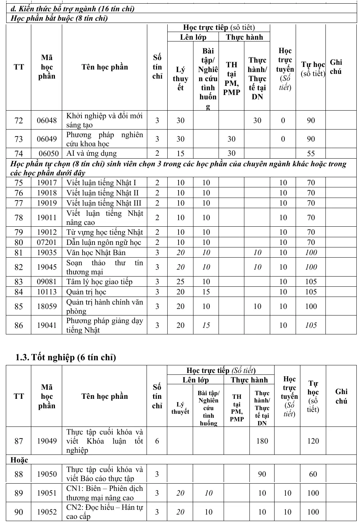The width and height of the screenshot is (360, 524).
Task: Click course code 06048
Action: (x=47, y=120)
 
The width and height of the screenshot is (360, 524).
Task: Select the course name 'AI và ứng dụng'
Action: (x=91, y=154)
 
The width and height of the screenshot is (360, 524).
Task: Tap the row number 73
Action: (x=19, y=139)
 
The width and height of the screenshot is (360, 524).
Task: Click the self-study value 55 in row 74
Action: (x=311, y=154)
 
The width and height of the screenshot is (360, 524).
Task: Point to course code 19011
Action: (x=47, y=218)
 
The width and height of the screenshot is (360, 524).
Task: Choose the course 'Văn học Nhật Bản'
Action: (x=96, y=253)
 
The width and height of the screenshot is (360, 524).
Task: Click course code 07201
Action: (x=47, y=242)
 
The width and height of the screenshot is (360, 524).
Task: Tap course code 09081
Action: (x=47, y=282)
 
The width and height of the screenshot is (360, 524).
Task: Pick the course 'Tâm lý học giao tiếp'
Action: (x=99, y=282)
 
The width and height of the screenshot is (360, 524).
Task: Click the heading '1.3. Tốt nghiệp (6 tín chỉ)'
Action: (x=65, y=357)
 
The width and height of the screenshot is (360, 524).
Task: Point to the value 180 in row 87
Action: (x=262, y=441)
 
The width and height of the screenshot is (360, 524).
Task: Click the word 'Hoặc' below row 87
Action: (x=19, y=460)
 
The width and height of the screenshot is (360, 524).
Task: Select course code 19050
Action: (x=47, y=474)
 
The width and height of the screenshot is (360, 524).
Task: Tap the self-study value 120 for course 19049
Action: (x=313, y=441)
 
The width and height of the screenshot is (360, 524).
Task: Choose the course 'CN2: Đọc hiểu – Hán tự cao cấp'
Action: (x=104, y=512)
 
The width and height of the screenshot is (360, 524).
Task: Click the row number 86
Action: (x=19, y=325)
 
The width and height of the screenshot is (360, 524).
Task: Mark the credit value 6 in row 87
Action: (x=157, y=441)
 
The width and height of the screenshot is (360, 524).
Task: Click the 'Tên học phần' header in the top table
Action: (x=105, y=67)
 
